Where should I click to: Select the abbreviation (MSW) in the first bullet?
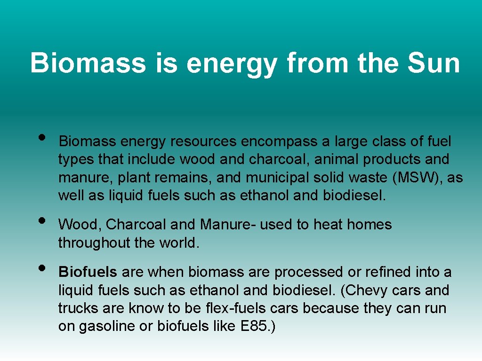coord(414,178)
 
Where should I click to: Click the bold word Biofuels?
coord(88,272)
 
